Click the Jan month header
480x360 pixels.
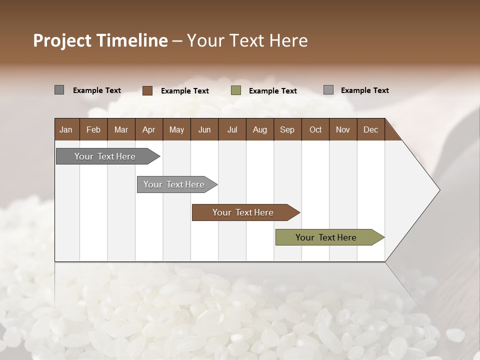click(66, 129)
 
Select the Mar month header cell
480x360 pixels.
click(121, 129)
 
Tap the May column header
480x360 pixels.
click(176, 129)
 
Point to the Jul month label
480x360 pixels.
click(232, 129)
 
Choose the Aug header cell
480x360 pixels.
click(259, 129)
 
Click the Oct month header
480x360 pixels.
click(315, 129)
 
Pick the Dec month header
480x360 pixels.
click(370, 129)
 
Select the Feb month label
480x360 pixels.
click(93, 129)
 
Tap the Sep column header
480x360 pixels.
click(287, 129)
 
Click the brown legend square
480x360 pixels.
click(147, 90)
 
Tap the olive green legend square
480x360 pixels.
click(236, 90)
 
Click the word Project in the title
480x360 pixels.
click(62, 40)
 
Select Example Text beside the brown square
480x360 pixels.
click(185, 91)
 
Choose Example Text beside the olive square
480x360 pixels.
click(273, 91)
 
